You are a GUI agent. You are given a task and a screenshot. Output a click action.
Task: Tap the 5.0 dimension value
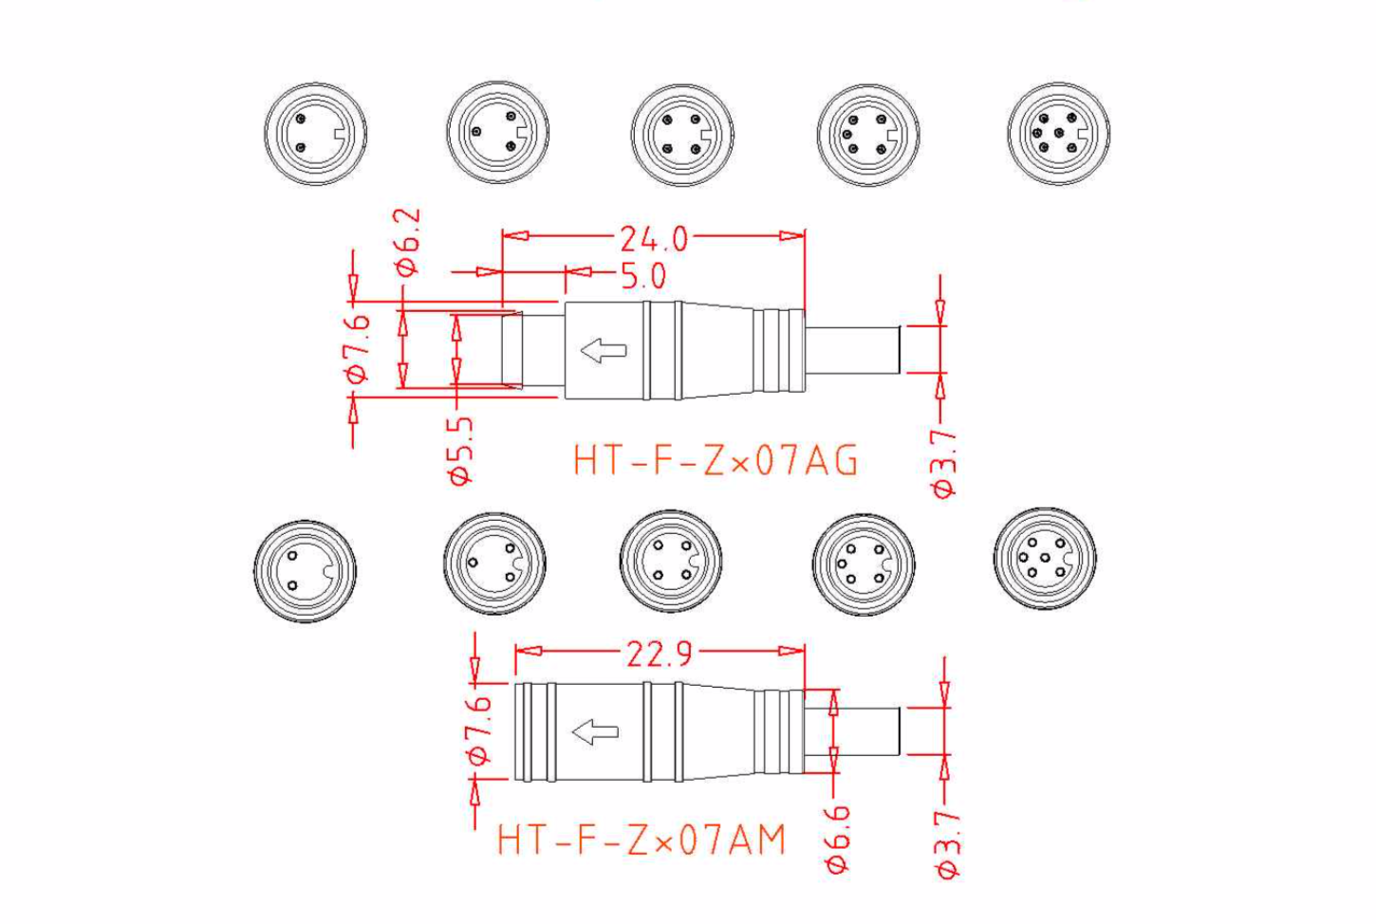[x=643, y=276]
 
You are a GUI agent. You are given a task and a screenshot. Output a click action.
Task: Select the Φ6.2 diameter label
[x=408, y=242]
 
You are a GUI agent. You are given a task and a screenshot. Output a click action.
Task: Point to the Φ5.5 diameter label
[x=461, y=452]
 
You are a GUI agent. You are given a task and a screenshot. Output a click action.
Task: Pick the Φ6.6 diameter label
[x=838, y=837]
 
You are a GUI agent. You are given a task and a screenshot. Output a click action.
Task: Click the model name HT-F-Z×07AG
[x=716, y=461]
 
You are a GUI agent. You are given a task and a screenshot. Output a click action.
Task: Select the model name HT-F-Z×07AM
[x=642, y=840]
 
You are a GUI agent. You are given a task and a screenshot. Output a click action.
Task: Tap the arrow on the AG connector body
[x=604, y=350]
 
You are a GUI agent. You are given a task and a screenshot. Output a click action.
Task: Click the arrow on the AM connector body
[x=595, y=731]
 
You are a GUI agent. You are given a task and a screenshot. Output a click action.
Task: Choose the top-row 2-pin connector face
[x=315, y=133]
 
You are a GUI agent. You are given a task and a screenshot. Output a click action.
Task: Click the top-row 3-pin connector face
[x=497, y=132]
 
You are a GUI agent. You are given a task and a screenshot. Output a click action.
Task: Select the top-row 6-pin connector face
[x=1058, y=133]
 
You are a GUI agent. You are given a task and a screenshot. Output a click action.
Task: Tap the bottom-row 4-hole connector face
[x=670, y=561]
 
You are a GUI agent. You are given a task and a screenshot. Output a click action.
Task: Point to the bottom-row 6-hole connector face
[x=1044, y=558]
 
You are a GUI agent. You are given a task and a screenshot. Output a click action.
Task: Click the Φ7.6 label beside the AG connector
[x=358, y=347]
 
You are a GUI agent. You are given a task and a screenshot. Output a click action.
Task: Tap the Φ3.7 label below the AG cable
[x=945, y=463]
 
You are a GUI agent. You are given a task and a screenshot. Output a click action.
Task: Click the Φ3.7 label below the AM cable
[x=947, y=843]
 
